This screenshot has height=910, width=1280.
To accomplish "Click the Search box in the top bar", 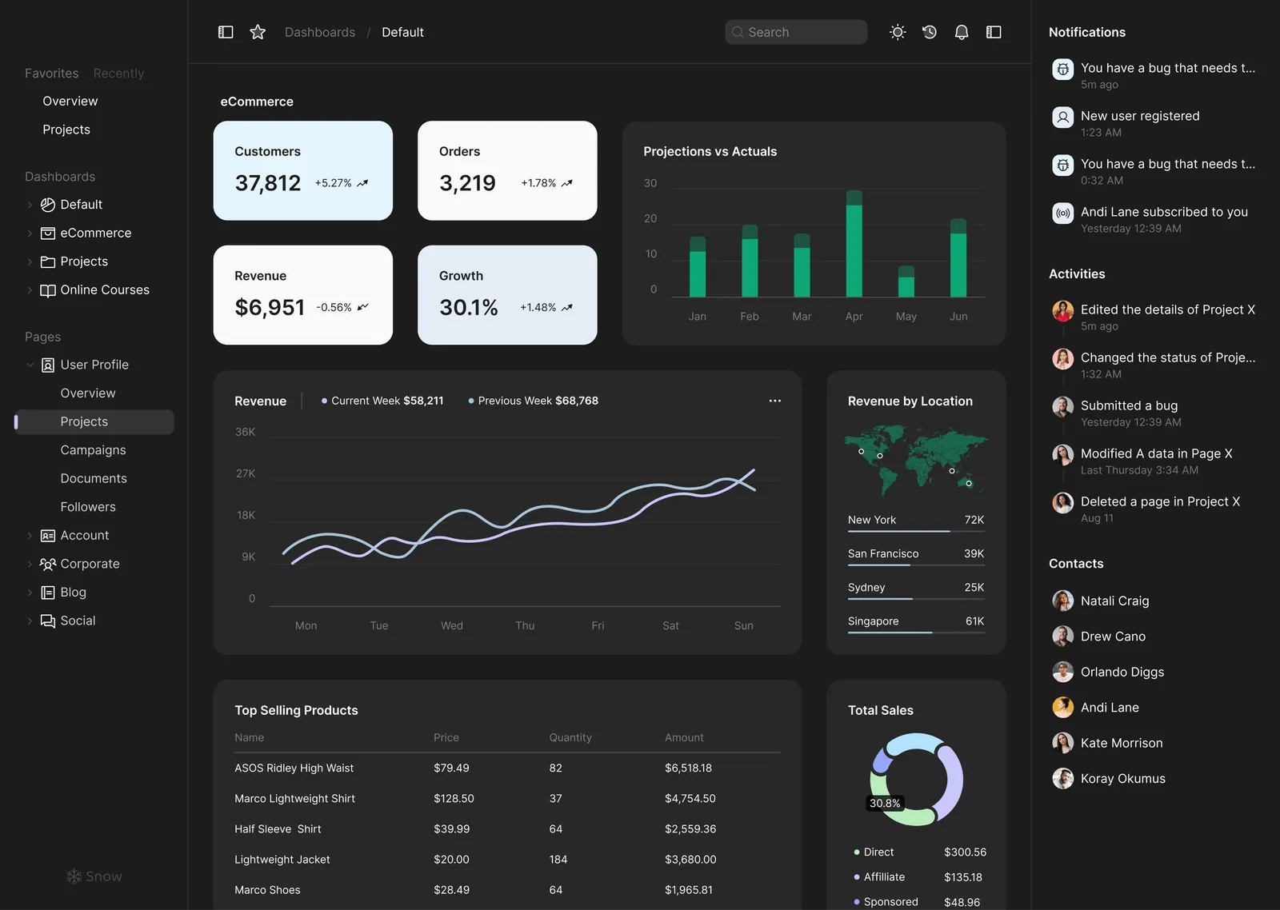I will pos(796,32).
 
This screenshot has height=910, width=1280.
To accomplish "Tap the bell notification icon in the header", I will pos(962,32).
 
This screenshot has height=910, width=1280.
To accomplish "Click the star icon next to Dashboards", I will pos(258,32).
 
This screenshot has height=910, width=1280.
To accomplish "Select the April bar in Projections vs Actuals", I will pos(854,244).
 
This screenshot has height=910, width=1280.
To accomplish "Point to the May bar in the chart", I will pos(906,281).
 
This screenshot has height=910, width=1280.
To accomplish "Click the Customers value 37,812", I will pos(268,183).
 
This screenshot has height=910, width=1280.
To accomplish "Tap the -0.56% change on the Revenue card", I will pos(334,307).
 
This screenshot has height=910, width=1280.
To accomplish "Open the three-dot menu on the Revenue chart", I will pos(774,401).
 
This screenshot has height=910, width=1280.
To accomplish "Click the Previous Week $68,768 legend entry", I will pos(534,401).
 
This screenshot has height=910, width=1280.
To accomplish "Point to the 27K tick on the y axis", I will pos(246,473).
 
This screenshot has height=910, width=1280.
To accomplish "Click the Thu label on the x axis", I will pos(525,625).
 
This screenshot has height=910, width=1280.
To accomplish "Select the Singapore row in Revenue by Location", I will pos(915,621).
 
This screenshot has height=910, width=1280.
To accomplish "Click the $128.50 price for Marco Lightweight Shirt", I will pos(454,798).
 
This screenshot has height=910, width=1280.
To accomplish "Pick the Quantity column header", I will pos(570,737).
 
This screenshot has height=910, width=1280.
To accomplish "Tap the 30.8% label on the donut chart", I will pos(885,803).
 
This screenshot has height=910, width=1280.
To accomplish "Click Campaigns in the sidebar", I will pos(93,450).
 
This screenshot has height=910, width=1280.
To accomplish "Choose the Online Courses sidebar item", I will pos(105,290).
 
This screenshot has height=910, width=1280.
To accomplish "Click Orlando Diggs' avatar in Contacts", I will pos(1062,672).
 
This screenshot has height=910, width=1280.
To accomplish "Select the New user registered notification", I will pos(1140,116).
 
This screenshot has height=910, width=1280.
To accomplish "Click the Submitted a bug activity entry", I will pos(1129,405).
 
